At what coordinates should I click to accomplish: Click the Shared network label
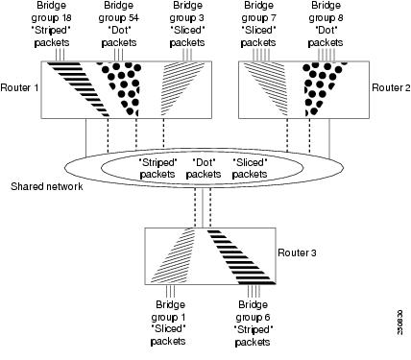click(x=43, y=187)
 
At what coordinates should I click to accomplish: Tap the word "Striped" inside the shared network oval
click(x=157, y=161)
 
